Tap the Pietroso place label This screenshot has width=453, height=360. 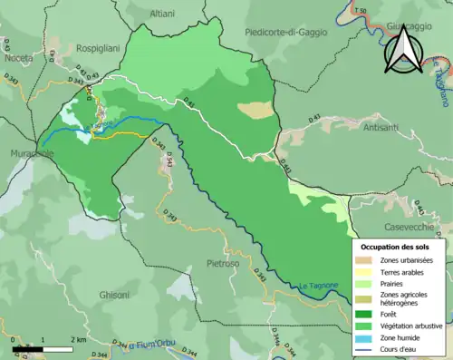(x=223, y=263)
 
